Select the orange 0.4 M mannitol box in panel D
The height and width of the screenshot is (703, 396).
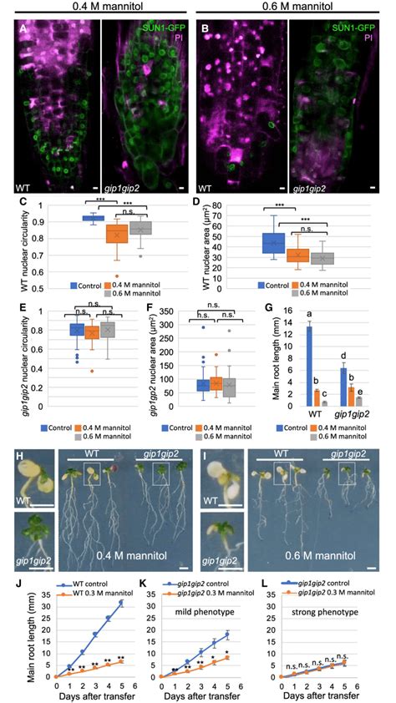(x=297, y=254)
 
